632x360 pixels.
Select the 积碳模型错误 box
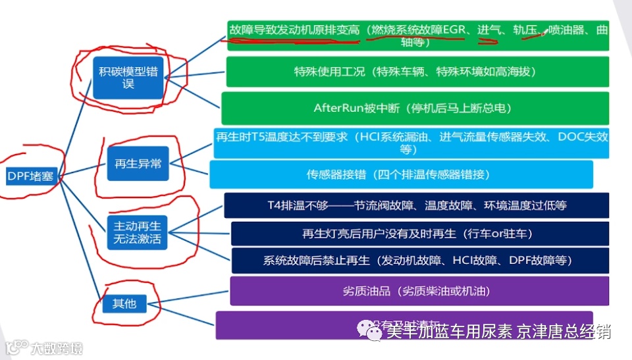point(128,78)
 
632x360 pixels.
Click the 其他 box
point(124,303)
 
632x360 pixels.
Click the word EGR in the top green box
point(454,30)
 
